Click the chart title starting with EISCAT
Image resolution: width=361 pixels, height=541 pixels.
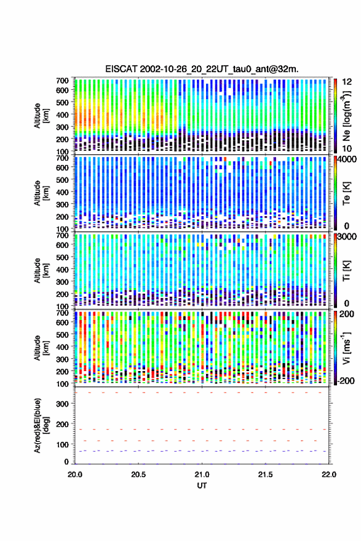click(202, 69)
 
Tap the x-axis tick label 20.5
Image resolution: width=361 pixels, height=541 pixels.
click(138, 475)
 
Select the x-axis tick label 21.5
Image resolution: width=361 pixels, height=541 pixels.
click(265, 475)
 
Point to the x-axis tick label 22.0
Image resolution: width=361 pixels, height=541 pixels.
click(328, 475)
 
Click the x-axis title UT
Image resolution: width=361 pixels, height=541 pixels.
click(202, 486)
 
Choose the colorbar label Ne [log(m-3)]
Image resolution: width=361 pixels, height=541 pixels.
click(346, 116)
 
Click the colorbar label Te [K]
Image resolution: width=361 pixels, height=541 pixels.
click(346, 193)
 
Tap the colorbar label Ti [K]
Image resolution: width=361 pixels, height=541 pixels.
click(346, 271)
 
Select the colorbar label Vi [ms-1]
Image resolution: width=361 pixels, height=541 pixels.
click(346, 348)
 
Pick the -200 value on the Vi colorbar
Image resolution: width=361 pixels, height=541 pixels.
click(346, 380)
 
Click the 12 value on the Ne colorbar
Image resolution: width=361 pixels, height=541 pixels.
click(347, 82)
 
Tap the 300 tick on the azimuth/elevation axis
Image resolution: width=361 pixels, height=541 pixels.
click(62, 404)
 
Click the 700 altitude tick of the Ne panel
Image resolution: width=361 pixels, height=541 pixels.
click(62, 81)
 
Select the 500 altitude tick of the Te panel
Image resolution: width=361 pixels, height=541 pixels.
click(62, 180)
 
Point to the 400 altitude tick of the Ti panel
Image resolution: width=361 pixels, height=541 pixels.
click(62, 270)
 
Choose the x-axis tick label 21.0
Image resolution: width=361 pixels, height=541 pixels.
click(202, 475)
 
